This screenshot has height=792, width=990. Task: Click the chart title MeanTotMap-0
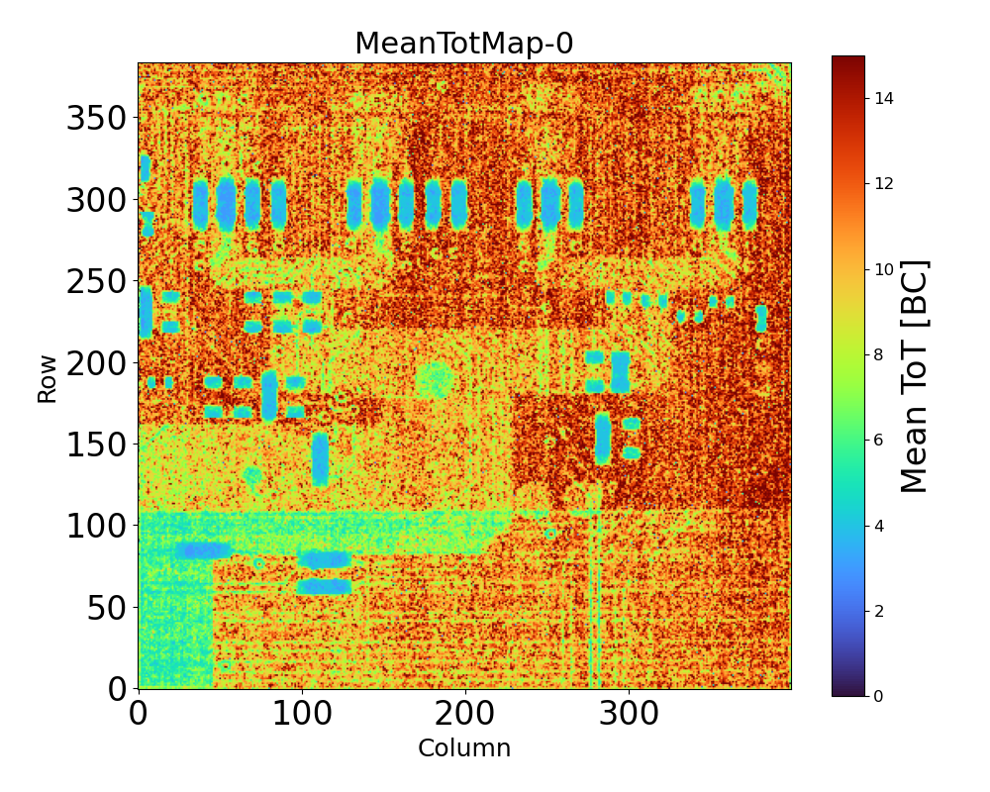pyautogui.click(x=463, y=44)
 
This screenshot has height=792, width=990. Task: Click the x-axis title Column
pyautogui.click(x=464, y=748)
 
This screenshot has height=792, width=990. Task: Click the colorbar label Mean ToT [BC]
pyautogui.click(x=916, y=376)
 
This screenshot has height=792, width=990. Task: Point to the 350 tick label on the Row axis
pyautogui.click(x=96, y=119)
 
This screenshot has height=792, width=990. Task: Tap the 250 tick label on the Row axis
pyautogui.click(x=96, y=282)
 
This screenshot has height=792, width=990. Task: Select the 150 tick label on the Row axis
pyautogui.click(x=96, y=445)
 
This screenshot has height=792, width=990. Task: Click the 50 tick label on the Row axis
pyautogui.click(x=108, y=607)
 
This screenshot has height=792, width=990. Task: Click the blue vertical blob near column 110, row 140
pyautogui.click(x=320, y=458)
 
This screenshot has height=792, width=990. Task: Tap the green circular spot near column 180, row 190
pyautogui.click(x=434, y=378)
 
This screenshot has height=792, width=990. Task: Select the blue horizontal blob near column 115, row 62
pyautogui.click(x=325, y=586)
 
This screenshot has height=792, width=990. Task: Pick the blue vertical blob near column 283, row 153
pyautogui.click(x=602, y=438)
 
